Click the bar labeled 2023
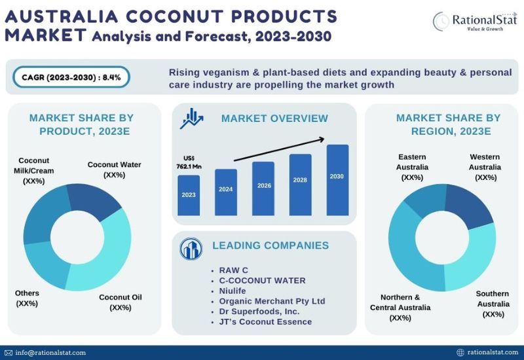coord(189,195)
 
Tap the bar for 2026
coord(263,189)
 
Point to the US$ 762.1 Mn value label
coord(189,162)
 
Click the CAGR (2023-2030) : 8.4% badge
coord(71,77)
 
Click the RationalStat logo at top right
coord(473,22)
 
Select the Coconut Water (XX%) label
coord(114,170)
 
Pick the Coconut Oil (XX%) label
coord(121,302)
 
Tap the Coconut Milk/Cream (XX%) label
coord(34,170)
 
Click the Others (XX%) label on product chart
coord(28,298)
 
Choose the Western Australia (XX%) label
coord(485,167)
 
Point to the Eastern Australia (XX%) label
coord(413,167)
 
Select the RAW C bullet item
coord(234,270)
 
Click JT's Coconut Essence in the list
coord(266,321)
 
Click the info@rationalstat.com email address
coord(50,353)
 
